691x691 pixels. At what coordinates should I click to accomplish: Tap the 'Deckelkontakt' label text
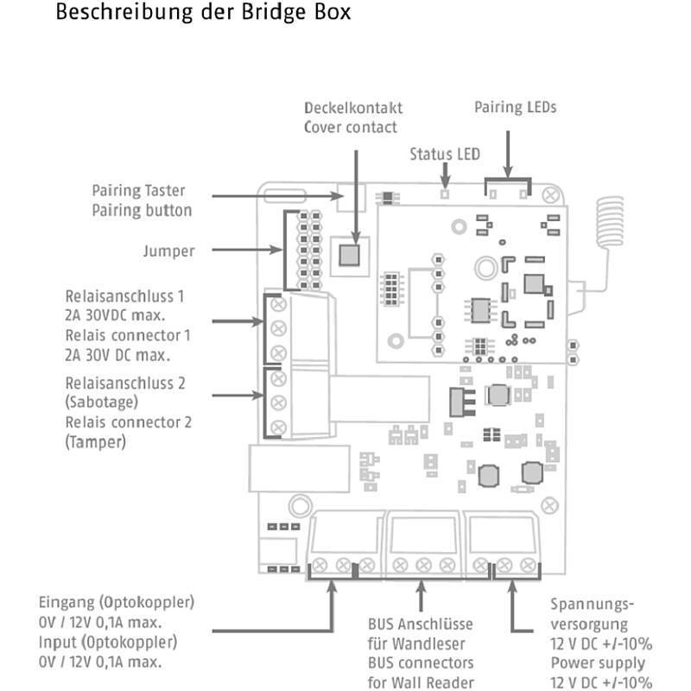coord(352,109)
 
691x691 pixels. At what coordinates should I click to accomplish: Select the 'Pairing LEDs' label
coord(515,108)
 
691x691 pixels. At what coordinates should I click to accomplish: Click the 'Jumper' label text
coord(168,251)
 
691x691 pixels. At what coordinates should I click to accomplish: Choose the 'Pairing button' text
coord(143,210)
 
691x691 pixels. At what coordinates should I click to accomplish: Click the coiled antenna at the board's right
coord(611,220)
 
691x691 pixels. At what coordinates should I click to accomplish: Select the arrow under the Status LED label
coord(445,177)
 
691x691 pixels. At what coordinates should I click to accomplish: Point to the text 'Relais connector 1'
coord(128,334)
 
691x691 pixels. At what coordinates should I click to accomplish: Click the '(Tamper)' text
coord(95,441)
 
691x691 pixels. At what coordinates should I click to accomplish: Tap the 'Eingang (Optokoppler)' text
coord(117,602)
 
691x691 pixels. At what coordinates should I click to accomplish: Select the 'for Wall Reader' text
coord(421,681)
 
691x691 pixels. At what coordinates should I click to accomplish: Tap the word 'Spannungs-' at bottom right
coord(592,604)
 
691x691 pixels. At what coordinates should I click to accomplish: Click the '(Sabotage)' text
coord(101,402)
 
